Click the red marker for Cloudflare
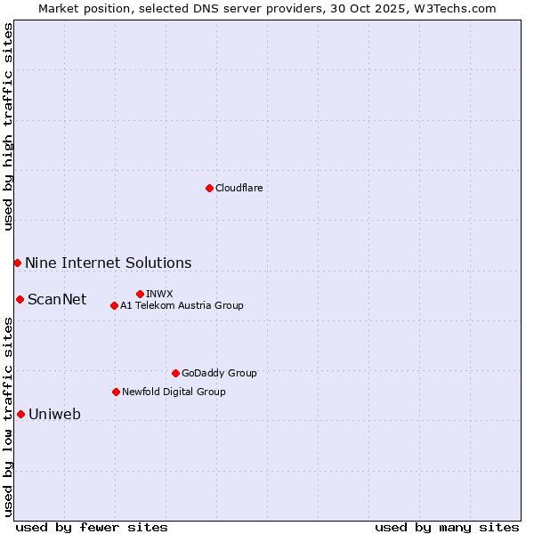click(209, 188)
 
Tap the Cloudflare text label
click(239, 188)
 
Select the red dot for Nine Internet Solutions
click(17, 263)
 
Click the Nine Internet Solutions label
click(108, 263)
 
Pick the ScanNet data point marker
click(20, 299)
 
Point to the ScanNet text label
click(57, 299)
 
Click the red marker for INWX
click(140, 294)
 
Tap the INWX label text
click(159, 294)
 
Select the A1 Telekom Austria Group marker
click(114, 305)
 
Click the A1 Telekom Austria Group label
click(182, 305)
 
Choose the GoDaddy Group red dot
click(175, 373)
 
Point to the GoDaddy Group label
click(219, 373)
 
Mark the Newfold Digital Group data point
click(116, 392)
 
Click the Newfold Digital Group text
click(174, 392)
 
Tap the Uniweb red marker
click(20, 414)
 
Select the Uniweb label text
click(54, 414)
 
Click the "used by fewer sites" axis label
click(92, 527)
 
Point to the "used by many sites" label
click(447, 527)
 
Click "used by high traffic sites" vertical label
click(8, 127)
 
